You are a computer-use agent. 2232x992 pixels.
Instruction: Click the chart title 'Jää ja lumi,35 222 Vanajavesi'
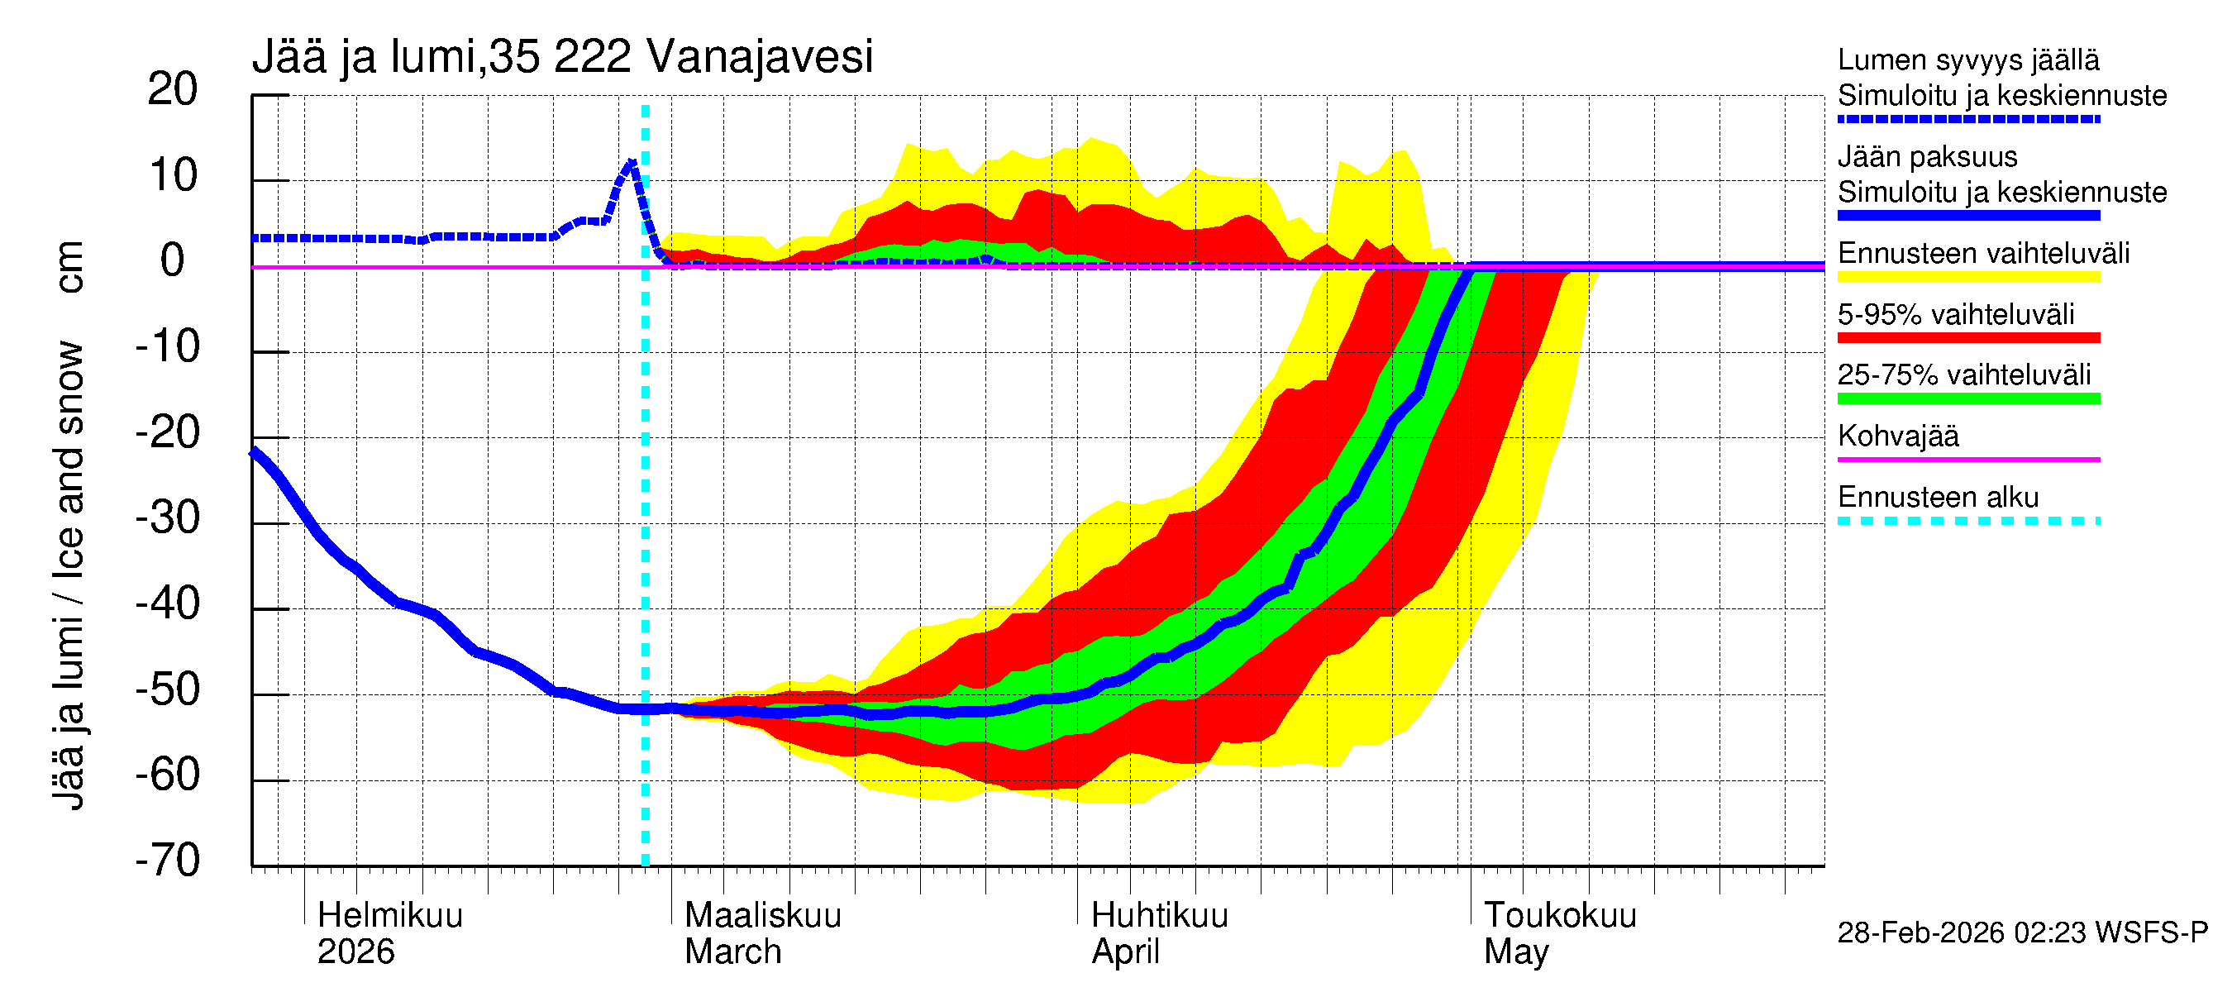561,57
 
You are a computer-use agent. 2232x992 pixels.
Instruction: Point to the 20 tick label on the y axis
173,89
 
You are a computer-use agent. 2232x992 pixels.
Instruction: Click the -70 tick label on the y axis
168,861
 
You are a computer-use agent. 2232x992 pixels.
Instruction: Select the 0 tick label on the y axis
173,260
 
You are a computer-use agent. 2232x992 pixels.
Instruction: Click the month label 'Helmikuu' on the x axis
390,915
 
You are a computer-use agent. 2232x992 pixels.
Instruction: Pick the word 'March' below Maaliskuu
733,951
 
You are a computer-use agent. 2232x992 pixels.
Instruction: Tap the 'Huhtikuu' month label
1159,915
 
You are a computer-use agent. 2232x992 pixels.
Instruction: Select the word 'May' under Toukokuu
1515,951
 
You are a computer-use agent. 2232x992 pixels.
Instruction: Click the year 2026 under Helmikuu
355,951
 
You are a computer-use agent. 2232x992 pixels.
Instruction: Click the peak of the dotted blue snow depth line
632,162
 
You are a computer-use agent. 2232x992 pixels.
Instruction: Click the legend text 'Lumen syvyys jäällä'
1968,60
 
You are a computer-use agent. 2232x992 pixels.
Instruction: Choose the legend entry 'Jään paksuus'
1927,157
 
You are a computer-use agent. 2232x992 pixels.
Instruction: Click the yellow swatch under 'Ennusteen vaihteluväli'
1968,276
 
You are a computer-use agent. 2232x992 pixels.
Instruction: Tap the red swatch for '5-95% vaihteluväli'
1968,338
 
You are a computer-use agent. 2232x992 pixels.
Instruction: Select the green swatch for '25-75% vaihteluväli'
1968,398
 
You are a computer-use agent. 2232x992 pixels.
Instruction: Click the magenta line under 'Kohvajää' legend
1968,459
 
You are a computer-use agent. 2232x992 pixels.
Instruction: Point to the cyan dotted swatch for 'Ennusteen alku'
1968,521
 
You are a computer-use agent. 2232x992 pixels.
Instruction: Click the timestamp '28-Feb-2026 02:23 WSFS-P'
2022,932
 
